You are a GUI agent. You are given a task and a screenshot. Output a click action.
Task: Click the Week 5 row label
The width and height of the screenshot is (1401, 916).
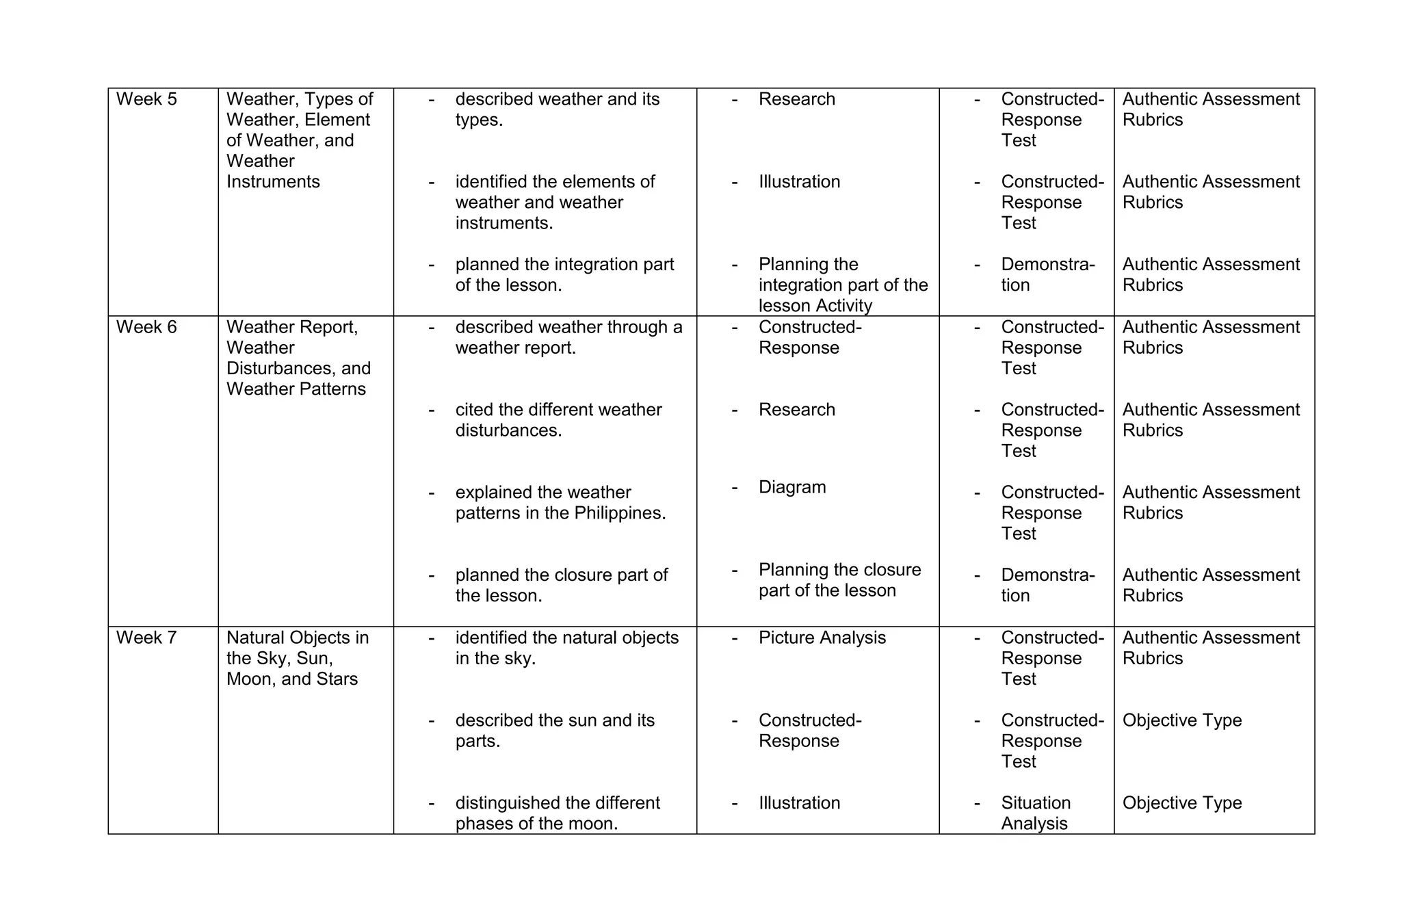146,99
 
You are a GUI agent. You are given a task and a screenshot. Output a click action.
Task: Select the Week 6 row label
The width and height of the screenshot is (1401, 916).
146,327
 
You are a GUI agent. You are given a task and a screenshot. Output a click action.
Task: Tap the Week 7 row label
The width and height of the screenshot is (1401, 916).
146,638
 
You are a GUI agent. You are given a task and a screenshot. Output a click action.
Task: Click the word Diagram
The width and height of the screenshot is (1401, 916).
792,487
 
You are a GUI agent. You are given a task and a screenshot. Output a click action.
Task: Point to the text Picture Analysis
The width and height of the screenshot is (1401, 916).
822,638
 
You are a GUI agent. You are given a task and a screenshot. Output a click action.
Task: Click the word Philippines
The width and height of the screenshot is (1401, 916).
619,513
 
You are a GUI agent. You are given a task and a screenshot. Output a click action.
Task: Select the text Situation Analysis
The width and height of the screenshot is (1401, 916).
1035,813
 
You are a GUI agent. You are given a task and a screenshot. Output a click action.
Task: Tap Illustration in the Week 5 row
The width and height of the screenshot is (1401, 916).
799,182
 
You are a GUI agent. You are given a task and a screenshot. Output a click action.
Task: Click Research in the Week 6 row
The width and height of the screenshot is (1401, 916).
797,410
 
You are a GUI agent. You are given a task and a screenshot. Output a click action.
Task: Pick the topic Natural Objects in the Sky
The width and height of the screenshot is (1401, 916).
297,648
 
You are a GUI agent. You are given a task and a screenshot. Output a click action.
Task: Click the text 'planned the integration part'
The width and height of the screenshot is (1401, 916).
564,265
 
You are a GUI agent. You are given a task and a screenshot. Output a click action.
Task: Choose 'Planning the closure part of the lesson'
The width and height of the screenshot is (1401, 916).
839,580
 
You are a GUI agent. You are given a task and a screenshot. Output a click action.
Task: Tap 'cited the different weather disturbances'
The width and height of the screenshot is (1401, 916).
558,420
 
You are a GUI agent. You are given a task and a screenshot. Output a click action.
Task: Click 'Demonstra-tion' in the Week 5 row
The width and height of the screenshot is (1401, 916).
1047,274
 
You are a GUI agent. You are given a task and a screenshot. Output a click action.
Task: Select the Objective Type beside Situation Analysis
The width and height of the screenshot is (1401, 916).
1181,802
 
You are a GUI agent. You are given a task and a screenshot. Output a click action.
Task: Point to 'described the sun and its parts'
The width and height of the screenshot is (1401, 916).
554,731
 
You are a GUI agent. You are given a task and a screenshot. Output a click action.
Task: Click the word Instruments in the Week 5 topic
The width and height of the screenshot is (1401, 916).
273,182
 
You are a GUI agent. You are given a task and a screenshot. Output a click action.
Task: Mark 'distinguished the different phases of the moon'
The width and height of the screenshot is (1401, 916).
557,813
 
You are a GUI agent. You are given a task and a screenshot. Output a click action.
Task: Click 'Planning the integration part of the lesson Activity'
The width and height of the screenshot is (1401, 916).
842,285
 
